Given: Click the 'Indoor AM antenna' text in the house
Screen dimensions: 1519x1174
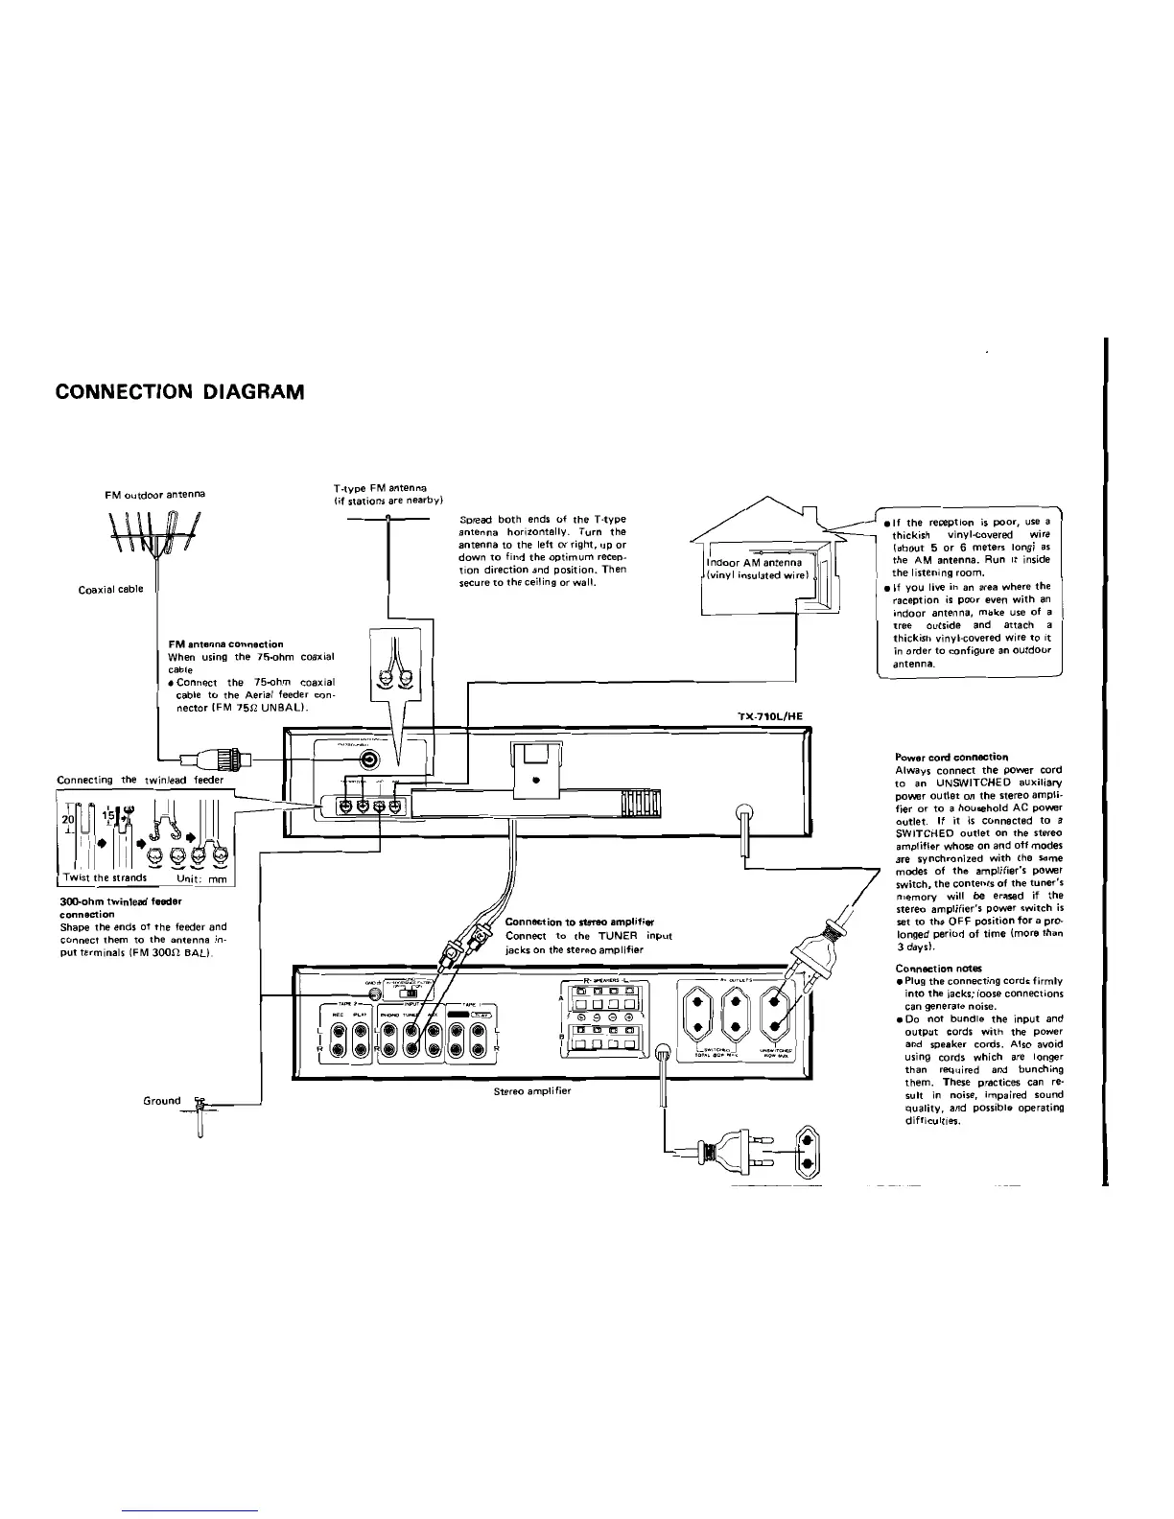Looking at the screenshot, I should (753, 562).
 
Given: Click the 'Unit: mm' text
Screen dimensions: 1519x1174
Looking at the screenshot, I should (200, 877).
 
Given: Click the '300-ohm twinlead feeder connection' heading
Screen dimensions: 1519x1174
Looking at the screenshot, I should (120, 908).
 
